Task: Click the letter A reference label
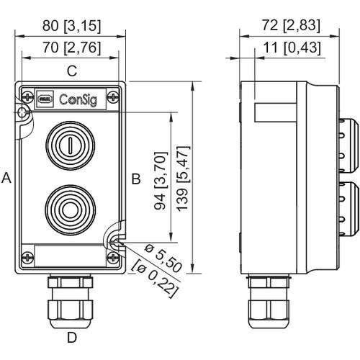tap(6, 178)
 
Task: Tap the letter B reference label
tap(135, 178)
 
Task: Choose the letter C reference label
tap(72, 71)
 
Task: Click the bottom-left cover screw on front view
tap(27, 255)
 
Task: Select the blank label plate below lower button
tap(71, 255)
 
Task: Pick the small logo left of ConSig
tap(44, 96)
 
